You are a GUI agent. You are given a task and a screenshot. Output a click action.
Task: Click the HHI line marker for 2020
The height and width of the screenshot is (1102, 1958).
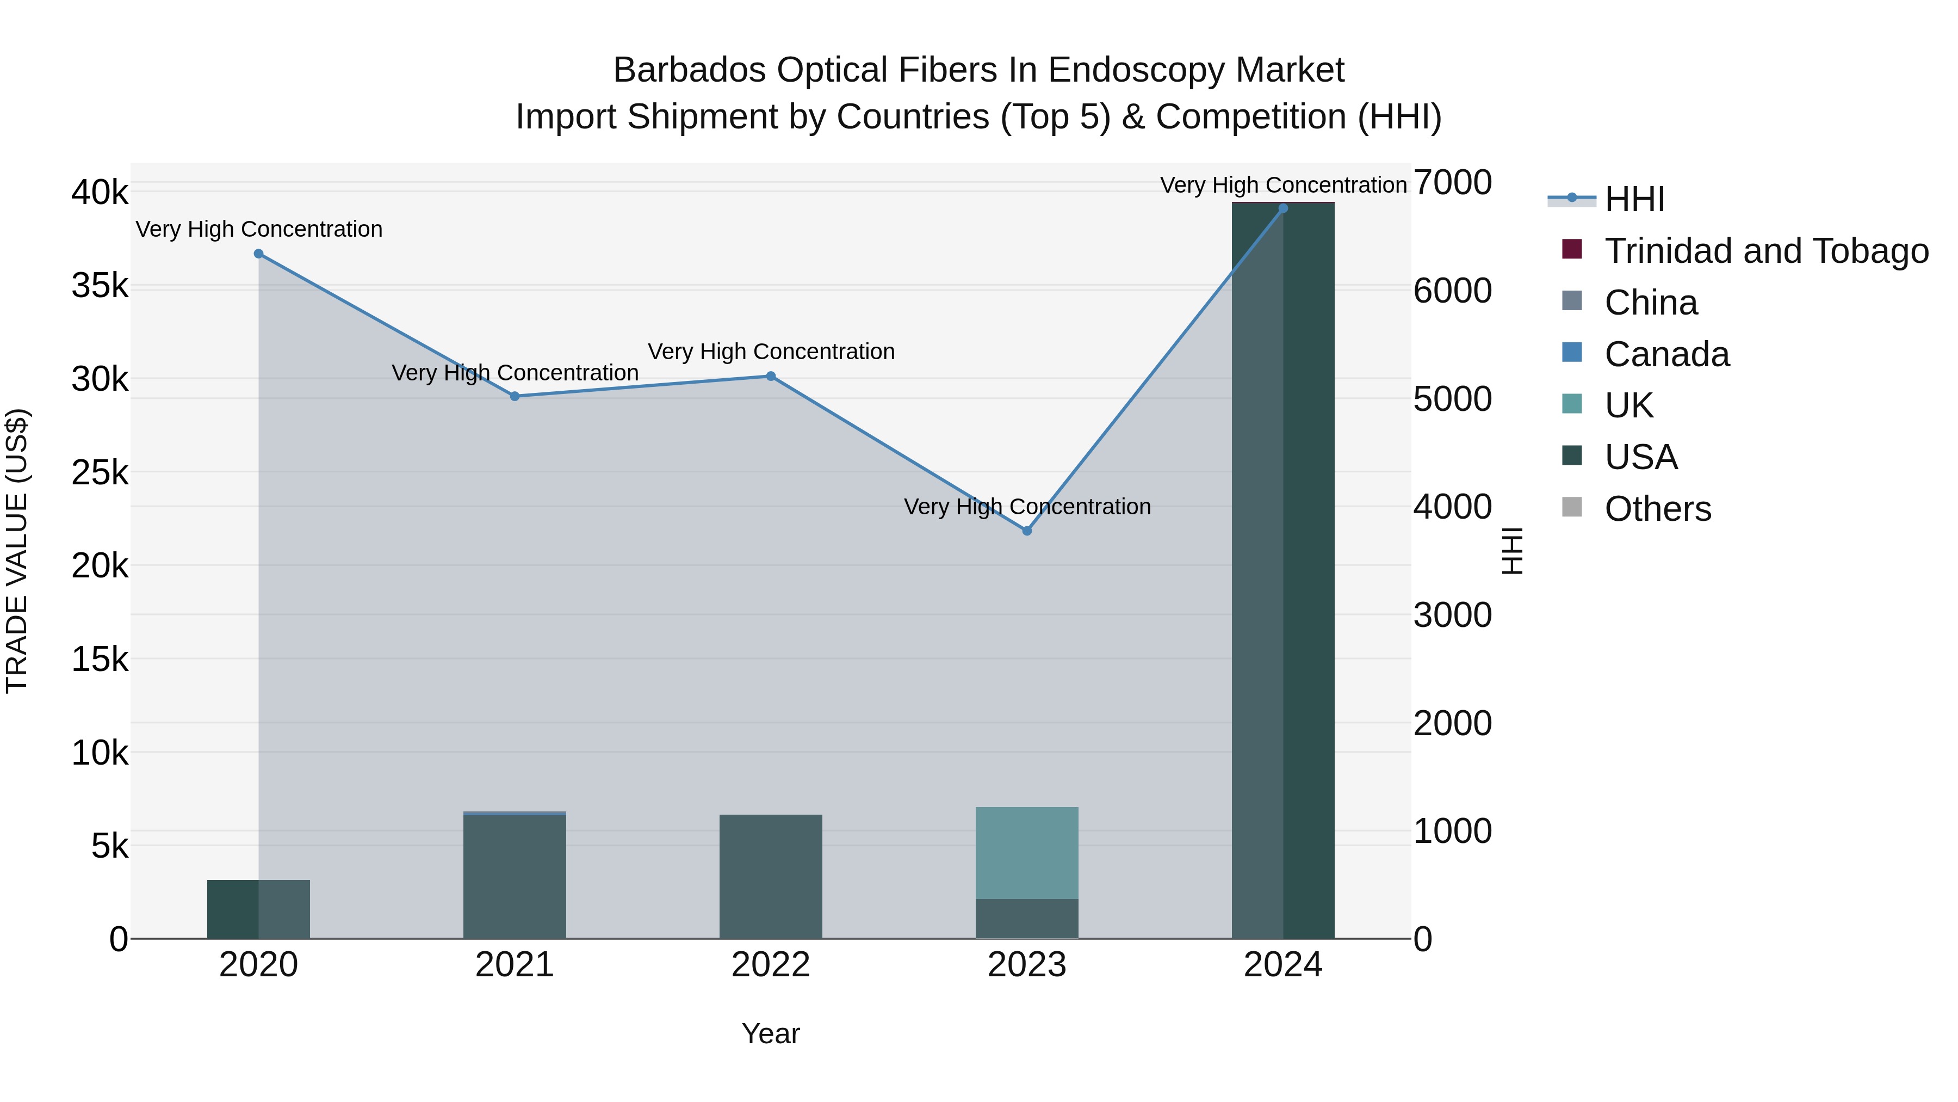258,254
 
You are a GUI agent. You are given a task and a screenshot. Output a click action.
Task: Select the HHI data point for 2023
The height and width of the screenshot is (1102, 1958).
1027,531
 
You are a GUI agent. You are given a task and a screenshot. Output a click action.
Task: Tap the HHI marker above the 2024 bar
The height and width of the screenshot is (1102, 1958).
1283,208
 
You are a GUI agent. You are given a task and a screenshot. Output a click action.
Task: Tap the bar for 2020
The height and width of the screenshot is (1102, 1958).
258,909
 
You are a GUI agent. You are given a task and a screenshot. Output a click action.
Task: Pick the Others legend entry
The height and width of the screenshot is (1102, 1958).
1657,509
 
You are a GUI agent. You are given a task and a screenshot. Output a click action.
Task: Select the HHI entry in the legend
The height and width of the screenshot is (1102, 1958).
1634,199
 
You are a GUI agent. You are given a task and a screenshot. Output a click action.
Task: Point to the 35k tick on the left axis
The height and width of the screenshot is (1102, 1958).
100,287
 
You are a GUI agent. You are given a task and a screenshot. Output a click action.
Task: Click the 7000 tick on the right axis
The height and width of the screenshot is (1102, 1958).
1452,183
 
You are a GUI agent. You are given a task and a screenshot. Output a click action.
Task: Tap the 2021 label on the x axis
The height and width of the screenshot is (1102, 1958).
515,965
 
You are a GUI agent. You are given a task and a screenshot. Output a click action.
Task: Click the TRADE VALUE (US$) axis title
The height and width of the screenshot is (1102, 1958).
17,551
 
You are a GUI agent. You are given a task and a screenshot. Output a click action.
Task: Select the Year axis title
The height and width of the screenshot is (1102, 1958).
771,1033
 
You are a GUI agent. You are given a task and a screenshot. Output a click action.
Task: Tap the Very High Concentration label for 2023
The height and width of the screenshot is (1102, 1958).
1027,507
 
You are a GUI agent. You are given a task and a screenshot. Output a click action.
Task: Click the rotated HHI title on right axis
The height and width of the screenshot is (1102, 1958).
1513,551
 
